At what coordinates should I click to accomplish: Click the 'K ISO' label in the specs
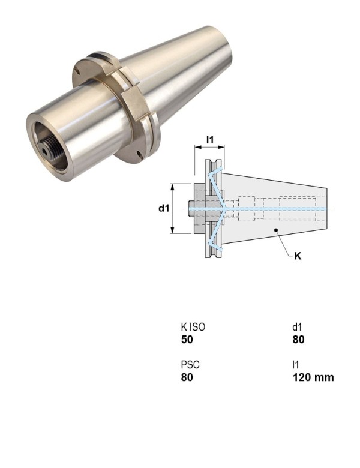click(193, 327)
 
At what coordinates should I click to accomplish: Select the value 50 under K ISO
click(187, 340)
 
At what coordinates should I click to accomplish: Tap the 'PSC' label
click(190, 365)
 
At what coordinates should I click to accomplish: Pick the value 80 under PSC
click(187, 377)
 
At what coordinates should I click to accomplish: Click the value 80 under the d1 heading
click(298, 340)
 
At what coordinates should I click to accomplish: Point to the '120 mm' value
click(313, 377)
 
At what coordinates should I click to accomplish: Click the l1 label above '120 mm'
click(295, 365)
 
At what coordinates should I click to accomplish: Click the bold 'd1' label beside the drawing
click(163, 208)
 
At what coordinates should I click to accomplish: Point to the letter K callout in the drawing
click(297, 256)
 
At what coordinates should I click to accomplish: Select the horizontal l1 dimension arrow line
click(209, 148)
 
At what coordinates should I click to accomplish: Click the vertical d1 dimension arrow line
click(173, 208)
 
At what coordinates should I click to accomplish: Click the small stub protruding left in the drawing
click(189, 208)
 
